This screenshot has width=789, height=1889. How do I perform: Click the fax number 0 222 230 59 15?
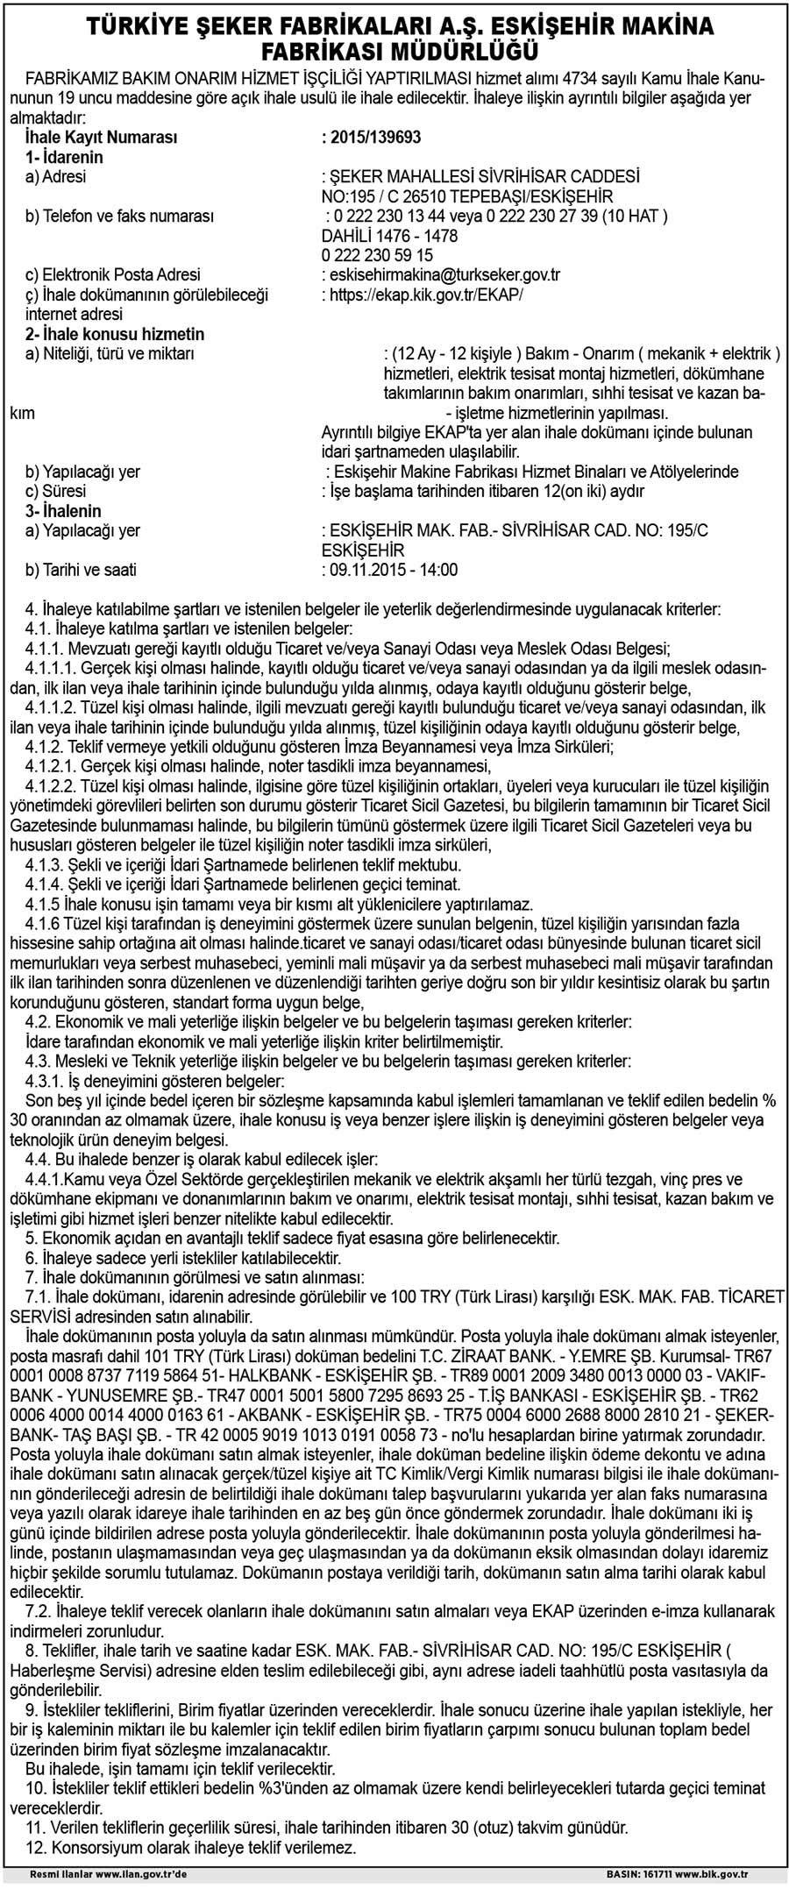(x=378, y=255)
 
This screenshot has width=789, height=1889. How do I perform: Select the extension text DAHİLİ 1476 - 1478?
(x=390, y=236)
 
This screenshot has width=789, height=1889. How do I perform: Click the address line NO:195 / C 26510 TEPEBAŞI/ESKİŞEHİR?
(x=467, y=196)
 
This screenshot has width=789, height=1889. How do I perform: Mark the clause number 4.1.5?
(x=40, y=904)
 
